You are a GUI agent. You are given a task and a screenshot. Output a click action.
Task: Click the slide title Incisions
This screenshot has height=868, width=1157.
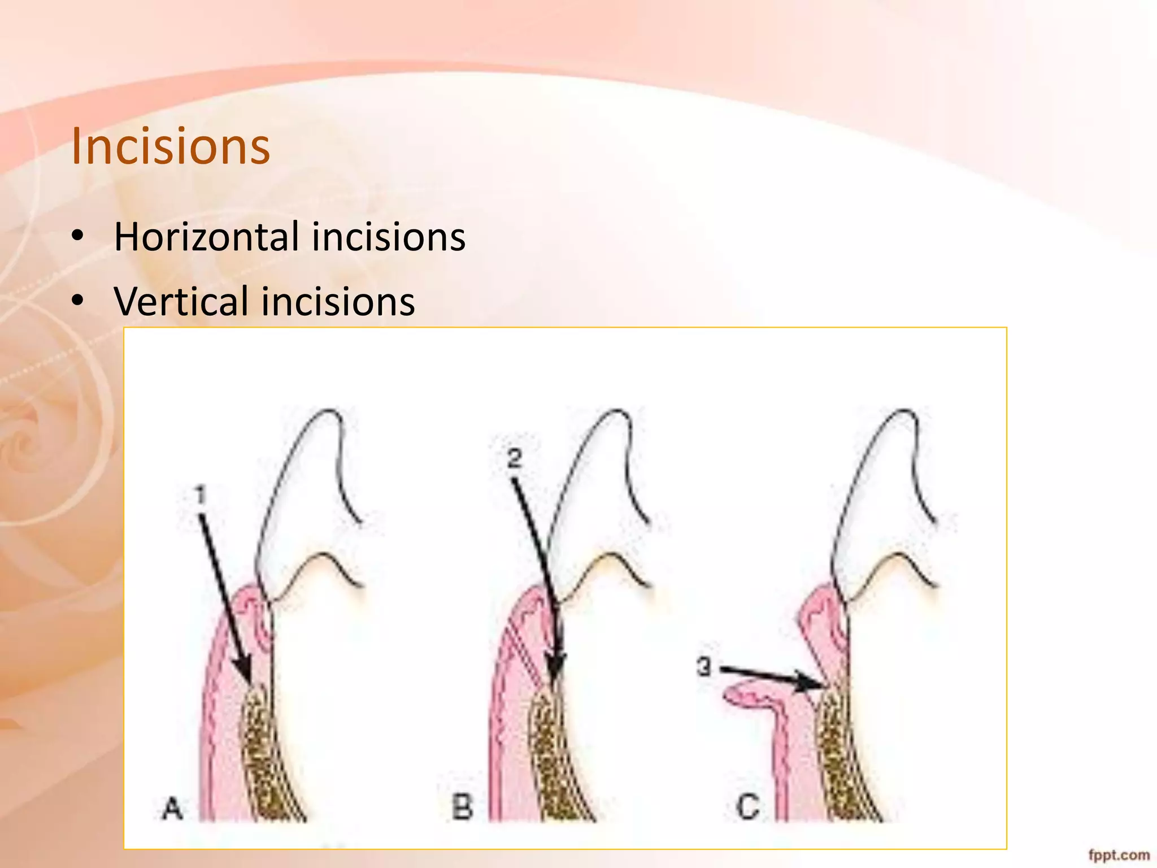pyautogui.click(x=171, y=147)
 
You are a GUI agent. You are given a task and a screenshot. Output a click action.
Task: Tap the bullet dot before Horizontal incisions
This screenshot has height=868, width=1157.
pyautogui.click(x=78, y=236)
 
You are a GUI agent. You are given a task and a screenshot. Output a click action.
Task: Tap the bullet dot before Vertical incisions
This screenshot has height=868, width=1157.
pyautogui.click(x=78, y=301)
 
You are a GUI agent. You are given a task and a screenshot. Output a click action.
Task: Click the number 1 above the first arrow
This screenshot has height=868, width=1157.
pyautogui.click(x=201, y=496)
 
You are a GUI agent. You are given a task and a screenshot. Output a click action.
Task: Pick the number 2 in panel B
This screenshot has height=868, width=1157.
pyautogui.click(x=514, y=458)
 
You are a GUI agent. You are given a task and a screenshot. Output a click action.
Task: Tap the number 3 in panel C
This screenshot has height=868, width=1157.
pyautogui.click(x=704, y=667)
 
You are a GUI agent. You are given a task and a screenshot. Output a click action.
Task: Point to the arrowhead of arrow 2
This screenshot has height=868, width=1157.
pyautogui.click(x=556, y=672)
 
